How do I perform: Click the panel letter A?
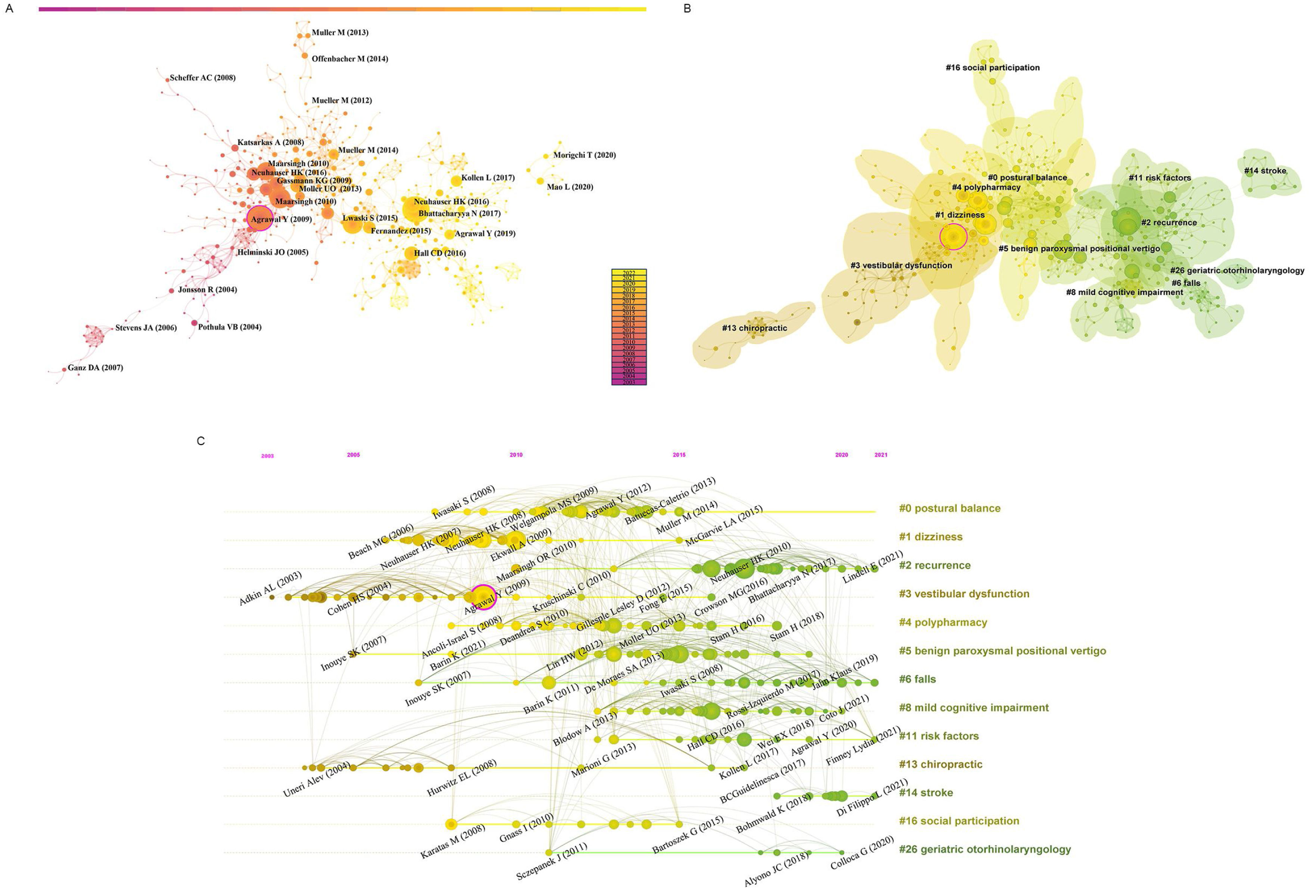pos(9,9)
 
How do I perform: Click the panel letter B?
pos(687,9)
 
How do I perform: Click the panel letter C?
pos(201,441)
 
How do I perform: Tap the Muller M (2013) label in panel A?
pos(340,33)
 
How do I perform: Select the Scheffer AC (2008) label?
pos(202,78)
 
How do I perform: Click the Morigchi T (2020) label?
pos(584,155)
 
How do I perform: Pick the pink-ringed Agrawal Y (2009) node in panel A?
pos(260,218)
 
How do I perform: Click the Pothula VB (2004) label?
pos(229,327)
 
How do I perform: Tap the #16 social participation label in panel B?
pos(992,68)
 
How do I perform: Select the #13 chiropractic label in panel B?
pos(754,328)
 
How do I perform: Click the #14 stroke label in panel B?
pos(1265,171)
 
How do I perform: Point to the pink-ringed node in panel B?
pos(953,237)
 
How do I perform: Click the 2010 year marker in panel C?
pos(516,455)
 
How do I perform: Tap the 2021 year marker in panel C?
pos(881,455)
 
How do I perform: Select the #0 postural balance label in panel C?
pos(949,508)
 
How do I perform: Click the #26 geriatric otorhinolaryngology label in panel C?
pos(984,849)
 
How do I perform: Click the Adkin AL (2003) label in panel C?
pos(271,589)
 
